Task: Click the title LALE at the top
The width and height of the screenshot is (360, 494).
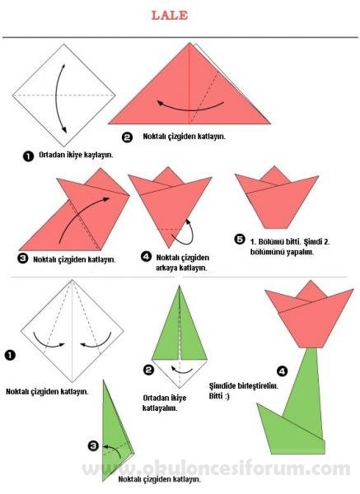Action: pyautogui.click(x=170, y=15)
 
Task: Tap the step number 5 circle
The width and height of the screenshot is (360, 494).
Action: pyautogui.click(x=239, y=240)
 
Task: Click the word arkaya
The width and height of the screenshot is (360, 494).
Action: pyautogui.click(x=166, y=268)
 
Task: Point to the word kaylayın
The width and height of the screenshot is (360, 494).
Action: pyautogui.click(x=99, y=155)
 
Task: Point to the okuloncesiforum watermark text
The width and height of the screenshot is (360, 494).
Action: pyautogui.click(x=217, y=468)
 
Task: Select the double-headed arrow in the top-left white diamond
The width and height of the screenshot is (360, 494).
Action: pyautogui.click(x=56, y=98)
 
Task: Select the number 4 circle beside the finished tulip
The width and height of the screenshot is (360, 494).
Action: pyautogui.click(x=282, y=371)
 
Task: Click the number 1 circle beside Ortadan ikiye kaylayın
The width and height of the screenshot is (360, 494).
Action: pyautogui.click(x=28, y=156)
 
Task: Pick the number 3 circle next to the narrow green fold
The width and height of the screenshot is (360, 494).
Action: pyautogui.click(x=93, y=445)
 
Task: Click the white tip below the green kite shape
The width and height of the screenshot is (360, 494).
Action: pyautogui.click(x=180, y=374)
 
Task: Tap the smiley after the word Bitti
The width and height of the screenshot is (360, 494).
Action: pyautogui.click(x=227, y=396)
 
